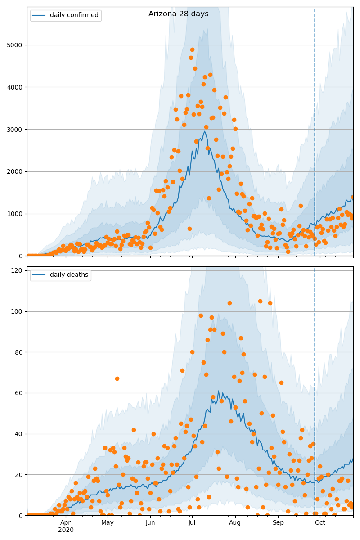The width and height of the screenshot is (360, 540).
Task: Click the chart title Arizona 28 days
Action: [179, 14]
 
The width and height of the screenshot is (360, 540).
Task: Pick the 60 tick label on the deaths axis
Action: [18, 393]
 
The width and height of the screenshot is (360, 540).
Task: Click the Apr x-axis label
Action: [66, 523]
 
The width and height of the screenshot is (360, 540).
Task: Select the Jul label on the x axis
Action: [192, 523]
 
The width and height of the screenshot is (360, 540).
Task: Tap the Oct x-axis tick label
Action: [320, 523]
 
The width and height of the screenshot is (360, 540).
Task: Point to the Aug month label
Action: [235, 523]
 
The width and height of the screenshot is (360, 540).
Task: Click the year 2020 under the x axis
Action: [66, 530]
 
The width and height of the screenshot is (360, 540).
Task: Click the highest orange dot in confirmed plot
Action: [192, 49]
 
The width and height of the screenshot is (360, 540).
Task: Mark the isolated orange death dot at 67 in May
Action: [117, 378]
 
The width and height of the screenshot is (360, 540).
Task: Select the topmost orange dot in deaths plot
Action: [260, 301]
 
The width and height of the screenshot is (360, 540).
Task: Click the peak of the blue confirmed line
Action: [205, 131]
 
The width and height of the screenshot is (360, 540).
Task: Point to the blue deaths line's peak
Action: [218, 391]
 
